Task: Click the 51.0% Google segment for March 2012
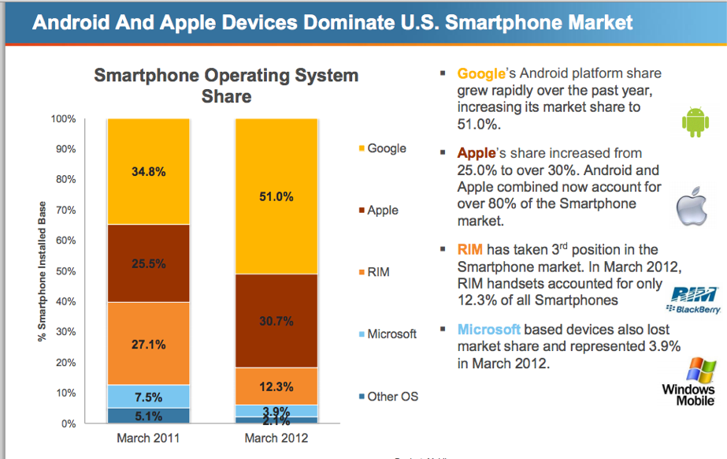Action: point(276,196)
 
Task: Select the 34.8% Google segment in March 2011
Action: point(148,172)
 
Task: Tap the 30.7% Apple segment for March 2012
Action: point(276,321)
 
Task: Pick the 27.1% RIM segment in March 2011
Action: point(148,343)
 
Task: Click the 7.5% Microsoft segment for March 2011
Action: point(148,396)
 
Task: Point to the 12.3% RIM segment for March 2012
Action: point(276,386)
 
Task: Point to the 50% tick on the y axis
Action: point(64,271)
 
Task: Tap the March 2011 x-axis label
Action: point(148,438)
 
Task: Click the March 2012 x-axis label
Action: point(276,438)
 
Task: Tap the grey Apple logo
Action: point(692,207)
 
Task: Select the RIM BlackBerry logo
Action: point(694,300)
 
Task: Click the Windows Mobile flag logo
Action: point(697,370)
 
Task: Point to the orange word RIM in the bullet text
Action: point(471,250)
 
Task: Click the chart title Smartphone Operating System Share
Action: point(226,86)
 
